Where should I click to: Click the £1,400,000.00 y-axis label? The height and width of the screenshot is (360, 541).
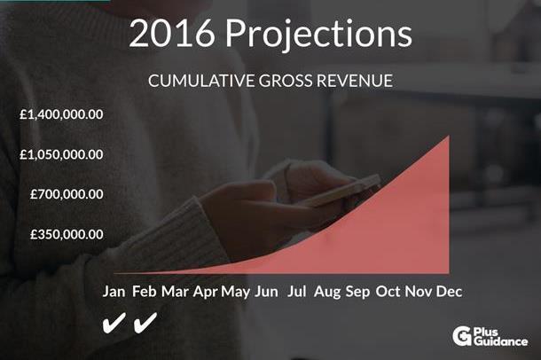[x=61, y=114]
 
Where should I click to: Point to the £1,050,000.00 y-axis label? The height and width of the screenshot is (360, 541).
[x=61, y=154]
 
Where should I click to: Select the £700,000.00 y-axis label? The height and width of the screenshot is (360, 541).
[x=67, y=194]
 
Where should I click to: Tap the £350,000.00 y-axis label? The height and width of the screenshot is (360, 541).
[x=67, y=234]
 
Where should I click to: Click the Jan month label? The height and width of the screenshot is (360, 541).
[x=114, y=292]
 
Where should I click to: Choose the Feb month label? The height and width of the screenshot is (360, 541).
[x=145, y=292]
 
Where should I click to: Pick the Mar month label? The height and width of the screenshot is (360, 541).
[x=175, y=292]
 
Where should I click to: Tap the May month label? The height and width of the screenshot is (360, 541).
[x=236, y=293]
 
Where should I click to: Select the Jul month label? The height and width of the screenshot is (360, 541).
[x=297, y=292]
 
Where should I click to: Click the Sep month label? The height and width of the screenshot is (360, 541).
[x=357, y=293]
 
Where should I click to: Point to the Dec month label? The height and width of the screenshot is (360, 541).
[x=450, y=292]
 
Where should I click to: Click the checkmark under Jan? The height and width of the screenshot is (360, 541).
[x=114, y=323]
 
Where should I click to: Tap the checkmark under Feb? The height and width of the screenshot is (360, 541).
[x=145, y=323]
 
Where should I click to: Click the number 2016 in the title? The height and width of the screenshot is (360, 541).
[x=172, y=34]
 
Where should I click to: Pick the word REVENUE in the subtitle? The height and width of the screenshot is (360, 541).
[x=355, y=81]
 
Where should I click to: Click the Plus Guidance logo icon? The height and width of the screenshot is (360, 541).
[x=462, y=336]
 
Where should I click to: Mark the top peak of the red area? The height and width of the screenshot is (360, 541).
[x=449, y=136]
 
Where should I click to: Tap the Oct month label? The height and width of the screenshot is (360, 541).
[x=388, y=292]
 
